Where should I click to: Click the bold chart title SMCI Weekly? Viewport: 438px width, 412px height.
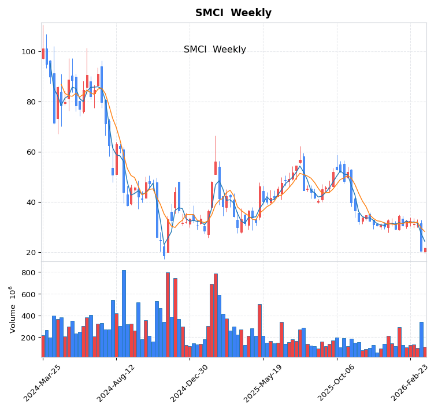233,13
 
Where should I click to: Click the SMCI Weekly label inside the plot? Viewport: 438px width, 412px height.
214,50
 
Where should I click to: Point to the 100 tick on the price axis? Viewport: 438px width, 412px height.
29,52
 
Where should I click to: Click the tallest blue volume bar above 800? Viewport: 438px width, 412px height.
124,314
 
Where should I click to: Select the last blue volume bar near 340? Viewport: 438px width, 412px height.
421,340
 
